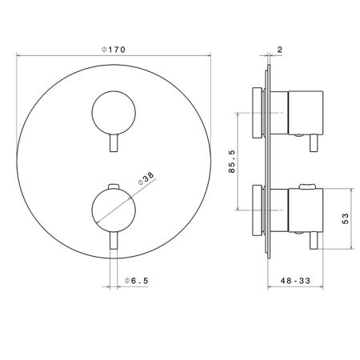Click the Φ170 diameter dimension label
tap(114, 50)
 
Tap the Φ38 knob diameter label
tap(146, 178)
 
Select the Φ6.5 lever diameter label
tap(137, 281)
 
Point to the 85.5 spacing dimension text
tap(232, 162)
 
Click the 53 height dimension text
tap(345, 218)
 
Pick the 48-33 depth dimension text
tap(295, 281)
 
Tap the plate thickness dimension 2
tap(280, 50)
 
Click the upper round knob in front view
tap(114, 113)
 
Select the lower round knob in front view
tap(114, 210)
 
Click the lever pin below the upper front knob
tap(114, 143)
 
